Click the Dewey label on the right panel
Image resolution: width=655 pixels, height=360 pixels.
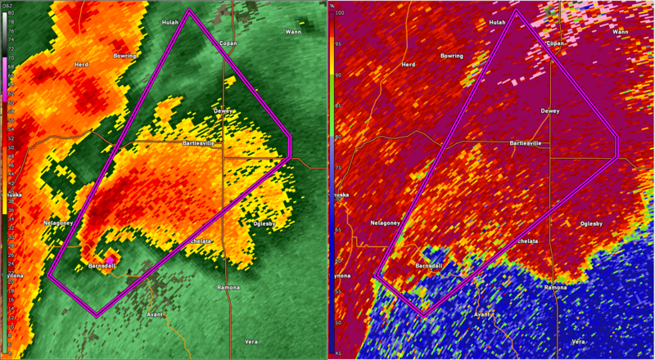point(551,110)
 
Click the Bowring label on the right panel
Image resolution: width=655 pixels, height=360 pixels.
point(452,56)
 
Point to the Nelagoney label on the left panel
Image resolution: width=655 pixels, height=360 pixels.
point(59,223)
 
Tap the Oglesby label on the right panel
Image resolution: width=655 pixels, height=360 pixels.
point(592,223)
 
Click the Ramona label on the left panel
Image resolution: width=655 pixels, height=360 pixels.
point(228,288)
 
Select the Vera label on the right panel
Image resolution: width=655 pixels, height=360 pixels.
point(579,340)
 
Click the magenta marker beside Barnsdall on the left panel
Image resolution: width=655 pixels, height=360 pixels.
point(110,259)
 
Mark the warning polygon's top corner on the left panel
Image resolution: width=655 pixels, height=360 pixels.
point(188,11)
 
